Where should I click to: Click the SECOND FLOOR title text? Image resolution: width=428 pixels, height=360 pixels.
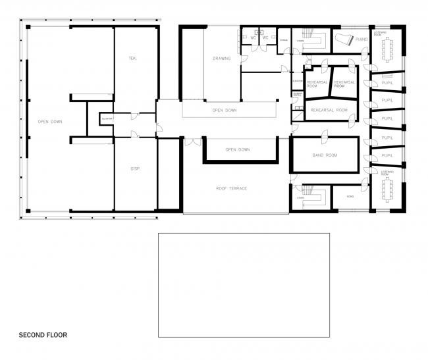coord(43,335)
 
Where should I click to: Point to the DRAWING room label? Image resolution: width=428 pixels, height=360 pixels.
coord(222,59)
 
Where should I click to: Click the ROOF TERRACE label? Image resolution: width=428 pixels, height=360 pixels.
coord(231,188)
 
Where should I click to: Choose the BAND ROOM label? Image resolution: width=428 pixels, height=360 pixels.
coord(324,155)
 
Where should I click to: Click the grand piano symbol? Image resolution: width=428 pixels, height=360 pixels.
coord(344,40)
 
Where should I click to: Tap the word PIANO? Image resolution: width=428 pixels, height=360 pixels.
coord(361,39)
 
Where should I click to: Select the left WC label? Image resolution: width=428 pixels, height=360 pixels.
coord(253,38)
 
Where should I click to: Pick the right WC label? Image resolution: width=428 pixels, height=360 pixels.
coord(266,38)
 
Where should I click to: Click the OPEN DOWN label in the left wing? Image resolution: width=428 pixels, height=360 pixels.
coord(51,122)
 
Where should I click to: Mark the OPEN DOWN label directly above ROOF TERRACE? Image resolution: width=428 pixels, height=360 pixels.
coord(237,149)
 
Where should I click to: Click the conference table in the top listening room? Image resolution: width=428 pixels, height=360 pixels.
coord(387,46)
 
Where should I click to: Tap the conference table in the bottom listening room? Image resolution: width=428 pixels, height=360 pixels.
coord(387,191)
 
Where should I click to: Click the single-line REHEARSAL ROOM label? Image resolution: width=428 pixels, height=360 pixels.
coord(329,110)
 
